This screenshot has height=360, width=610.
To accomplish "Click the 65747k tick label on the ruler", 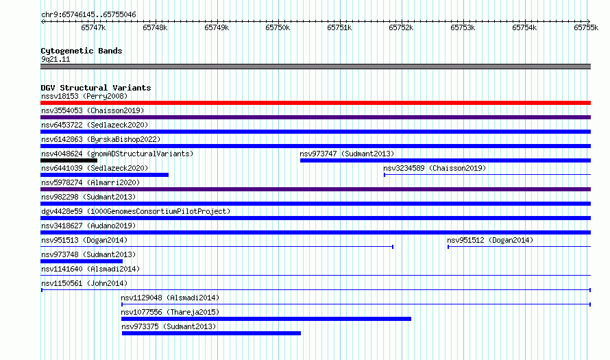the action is click(93, 27).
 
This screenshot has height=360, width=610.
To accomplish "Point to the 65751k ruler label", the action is click(339, 27).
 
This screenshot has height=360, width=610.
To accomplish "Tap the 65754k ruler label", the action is click(524, 27).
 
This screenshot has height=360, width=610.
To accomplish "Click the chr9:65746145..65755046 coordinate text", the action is click(88, 14).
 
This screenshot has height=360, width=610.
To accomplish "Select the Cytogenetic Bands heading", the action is click(82, 51).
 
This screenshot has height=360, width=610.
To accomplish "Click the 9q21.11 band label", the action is click(56, 59).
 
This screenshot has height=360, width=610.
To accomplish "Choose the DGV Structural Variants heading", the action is click(96, 88).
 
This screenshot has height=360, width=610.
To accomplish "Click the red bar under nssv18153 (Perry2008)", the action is click(315, 103).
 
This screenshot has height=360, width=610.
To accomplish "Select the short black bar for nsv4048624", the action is click(69, 160).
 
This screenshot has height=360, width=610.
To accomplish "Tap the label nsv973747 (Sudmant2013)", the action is click(347, 154).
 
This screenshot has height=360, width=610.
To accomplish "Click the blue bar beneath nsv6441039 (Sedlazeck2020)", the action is click(105, 175).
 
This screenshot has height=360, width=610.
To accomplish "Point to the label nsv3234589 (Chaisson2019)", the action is click(435, 168).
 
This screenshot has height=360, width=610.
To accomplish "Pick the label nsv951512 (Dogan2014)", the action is click(490, 240).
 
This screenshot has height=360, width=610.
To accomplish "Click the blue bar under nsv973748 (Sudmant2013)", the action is click(82, 261).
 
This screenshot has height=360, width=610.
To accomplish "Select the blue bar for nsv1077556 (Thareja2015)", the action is click(266, 319).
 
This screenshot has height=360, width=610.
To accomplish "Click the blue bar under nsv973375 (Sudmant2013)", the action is click(211, 333).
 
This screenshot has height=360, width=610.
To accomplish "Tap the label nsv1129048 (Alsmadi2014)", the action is click(170, 298).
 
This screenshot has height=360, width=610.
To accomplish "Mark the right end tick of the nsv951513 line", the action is click(393, 247).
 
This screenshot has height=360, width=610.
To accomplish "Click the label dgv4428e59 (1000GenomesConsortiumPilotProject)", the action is click(136, 211).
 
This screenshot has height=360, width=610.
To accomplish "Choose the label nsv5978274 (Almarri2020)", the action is click(90, 182).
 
